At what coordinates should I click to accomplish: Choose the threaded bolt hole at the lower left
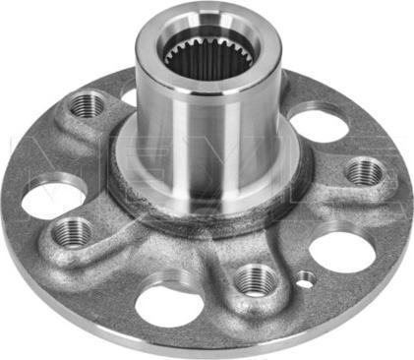[x=71, y=233]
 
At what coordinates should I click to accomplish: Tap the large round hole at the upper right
[x=317, y=125]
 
